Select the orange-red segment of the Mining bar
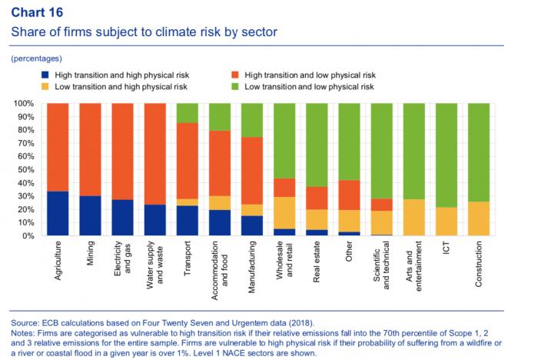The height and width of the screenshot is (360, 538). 91,149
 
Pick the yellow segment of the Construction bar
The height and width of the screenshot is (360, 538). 479,218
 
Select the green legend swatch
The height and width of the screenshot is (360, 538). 234,87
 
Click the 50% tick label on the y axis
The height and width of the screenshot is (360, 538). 24,169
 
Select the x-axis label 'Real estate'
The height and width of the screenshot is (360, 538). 317,261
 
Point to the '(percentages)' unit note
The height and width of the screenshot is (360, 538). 36,58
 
